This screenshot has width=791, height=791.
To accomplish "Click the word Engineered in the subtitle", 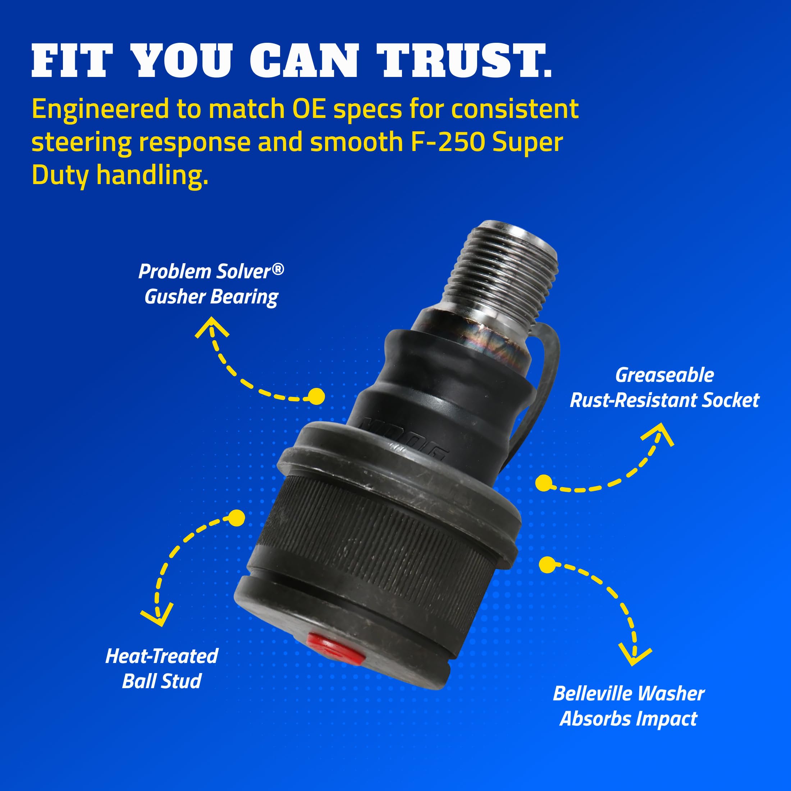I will (100, 109).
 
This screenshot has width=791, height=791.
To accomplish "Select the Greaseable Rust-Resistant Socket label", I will (664, 388).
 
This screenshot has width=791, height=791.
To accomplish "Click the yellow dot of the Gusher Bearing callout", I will (316, 396).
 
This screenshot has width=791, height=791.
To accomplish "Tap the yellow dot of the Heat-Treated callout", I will (236, 518).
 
